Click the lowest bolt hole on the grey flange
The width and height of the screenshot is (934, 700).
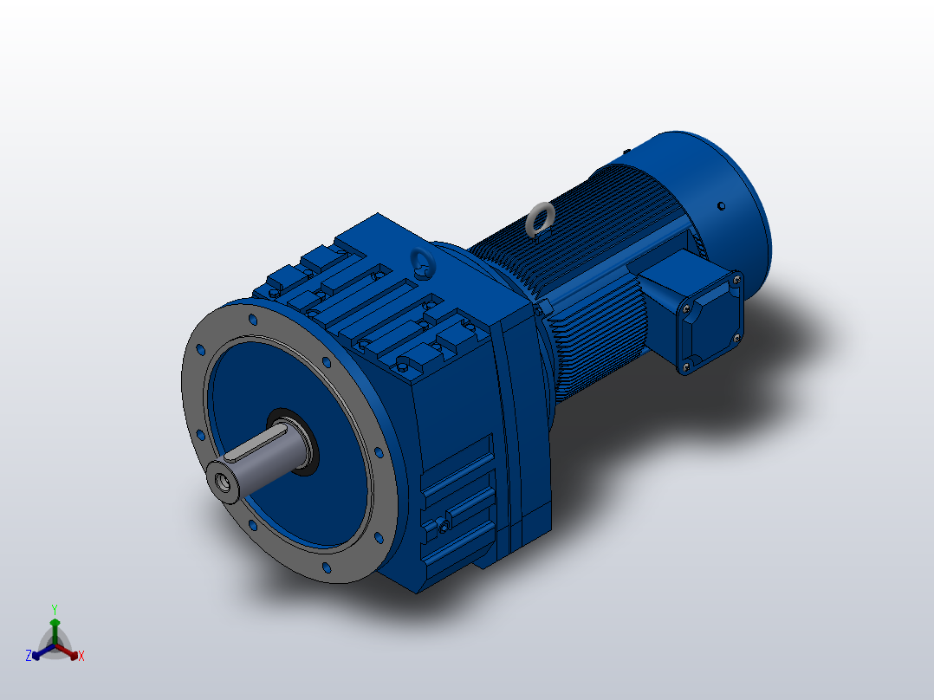(x=327, y=567)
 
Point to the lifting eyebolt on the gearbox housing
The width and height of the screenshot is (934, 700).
(x=421, y=262)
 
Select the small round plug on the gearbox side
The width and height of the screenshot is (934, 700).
(x=444, y=525)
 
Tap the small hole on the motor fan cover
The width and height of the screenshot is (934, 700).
(x=721, y=206)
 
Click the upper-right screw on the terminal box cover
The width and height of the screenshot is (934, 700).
(x=736, y=279)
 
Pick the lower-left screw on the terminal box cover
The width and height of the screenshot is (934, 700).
(x=686, y=367)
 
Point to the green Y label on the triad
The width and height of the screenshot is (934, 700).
(x=55, y=609)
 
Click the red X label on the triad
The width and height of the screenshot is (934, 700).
(x=81, y=657)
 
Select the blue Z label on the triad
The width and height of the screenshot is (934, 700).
(x=29, y=657)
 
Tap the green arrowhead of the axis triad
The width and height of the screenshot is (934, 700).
(x=55, y=623)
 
